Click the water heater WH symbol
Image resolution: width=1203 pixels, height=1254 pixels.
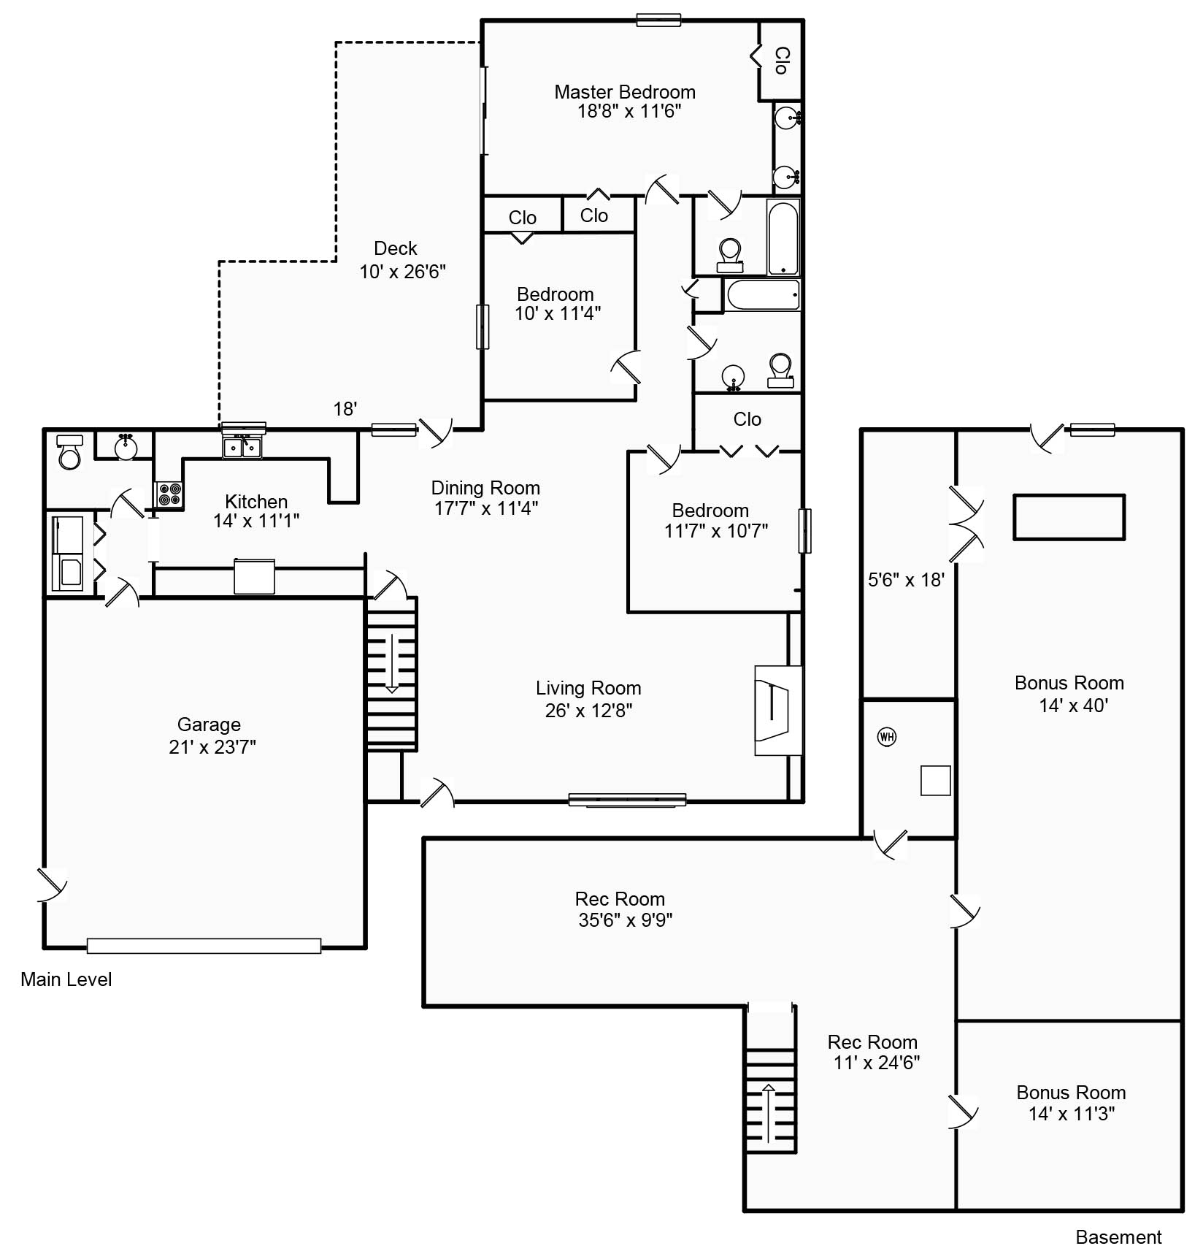887,736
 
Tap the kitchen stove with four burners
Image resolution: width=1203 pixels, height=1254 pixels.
169,494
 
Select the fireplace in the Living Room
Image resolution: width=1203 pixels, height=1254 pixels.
778,710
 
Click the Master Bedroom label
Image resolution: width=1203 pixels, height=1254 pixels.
625,92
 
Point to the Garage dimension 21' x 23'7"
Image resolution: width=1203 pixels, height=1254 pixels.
212,746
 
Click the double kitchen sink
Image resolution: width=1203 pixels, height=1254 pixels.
242,446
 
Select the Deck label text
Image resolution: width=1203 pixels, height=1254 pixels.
396,248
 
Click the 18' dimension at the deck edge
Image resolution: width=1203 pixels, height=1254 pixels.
345,409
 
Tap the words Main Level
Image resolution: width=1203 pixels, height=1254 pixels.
66,979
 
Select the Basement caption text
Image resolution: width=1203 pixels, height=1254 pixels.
1118,1237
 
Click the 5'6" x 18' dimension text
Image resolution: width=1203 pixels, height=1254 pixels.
906,580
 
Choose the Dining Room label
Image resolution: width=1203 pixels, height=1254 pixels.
485,488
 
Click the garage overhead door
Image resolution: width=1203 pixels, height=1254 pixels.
204,946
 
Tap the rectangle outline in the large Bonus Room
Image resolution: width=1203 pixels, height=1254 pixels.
1069,517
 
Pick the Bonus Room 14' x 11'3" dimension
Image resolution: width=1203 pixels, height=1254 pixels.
1072,1114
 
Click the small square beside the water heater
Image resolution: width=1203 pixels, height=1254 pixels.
935,781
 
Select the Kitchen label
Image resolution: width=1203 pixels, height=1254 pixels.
256,502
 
